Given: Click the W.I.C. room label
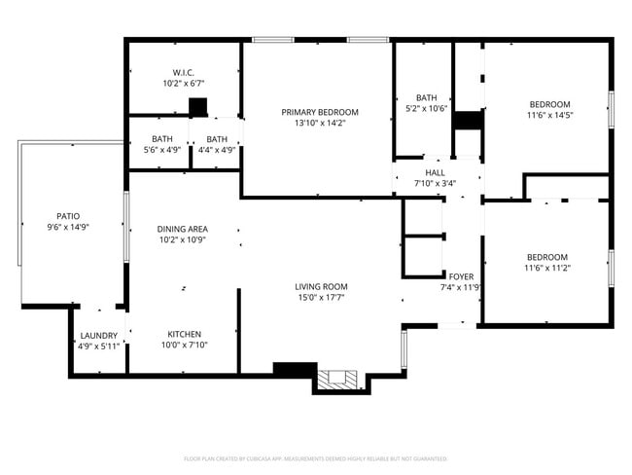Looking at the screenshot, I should (x=184, y=72).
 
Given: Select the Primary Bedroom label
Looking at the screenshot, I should (x=320, y=112).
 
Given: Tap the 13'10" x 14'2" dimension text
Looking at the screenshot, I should (x=320, y=124).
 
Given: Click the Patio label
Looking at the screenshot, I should (x=68, y=216).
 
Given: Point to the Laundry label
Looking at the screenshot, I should (x=98, y=335).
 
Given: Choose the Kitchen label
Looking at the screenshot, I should (x=184, y=333).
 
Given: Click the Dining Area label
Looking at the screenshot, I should (x=183, y=229).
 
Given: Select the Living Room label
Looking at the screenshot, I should (x=322, y=286).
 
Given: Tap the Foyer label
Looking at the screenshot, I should (x=461, y=275).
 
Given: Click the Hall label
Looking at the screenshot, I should (x=435, y=172).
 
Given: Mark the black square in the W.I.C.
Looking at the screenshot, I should (x=198, y=106).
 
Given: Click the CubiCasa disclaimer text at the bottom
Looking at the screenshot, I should (x=315, y=458).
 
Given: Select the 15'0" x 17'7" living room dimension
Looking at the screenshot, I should (x=322, y=297).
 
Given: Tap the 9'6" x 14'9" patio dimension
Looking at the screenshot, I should (x=68, y=227).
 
